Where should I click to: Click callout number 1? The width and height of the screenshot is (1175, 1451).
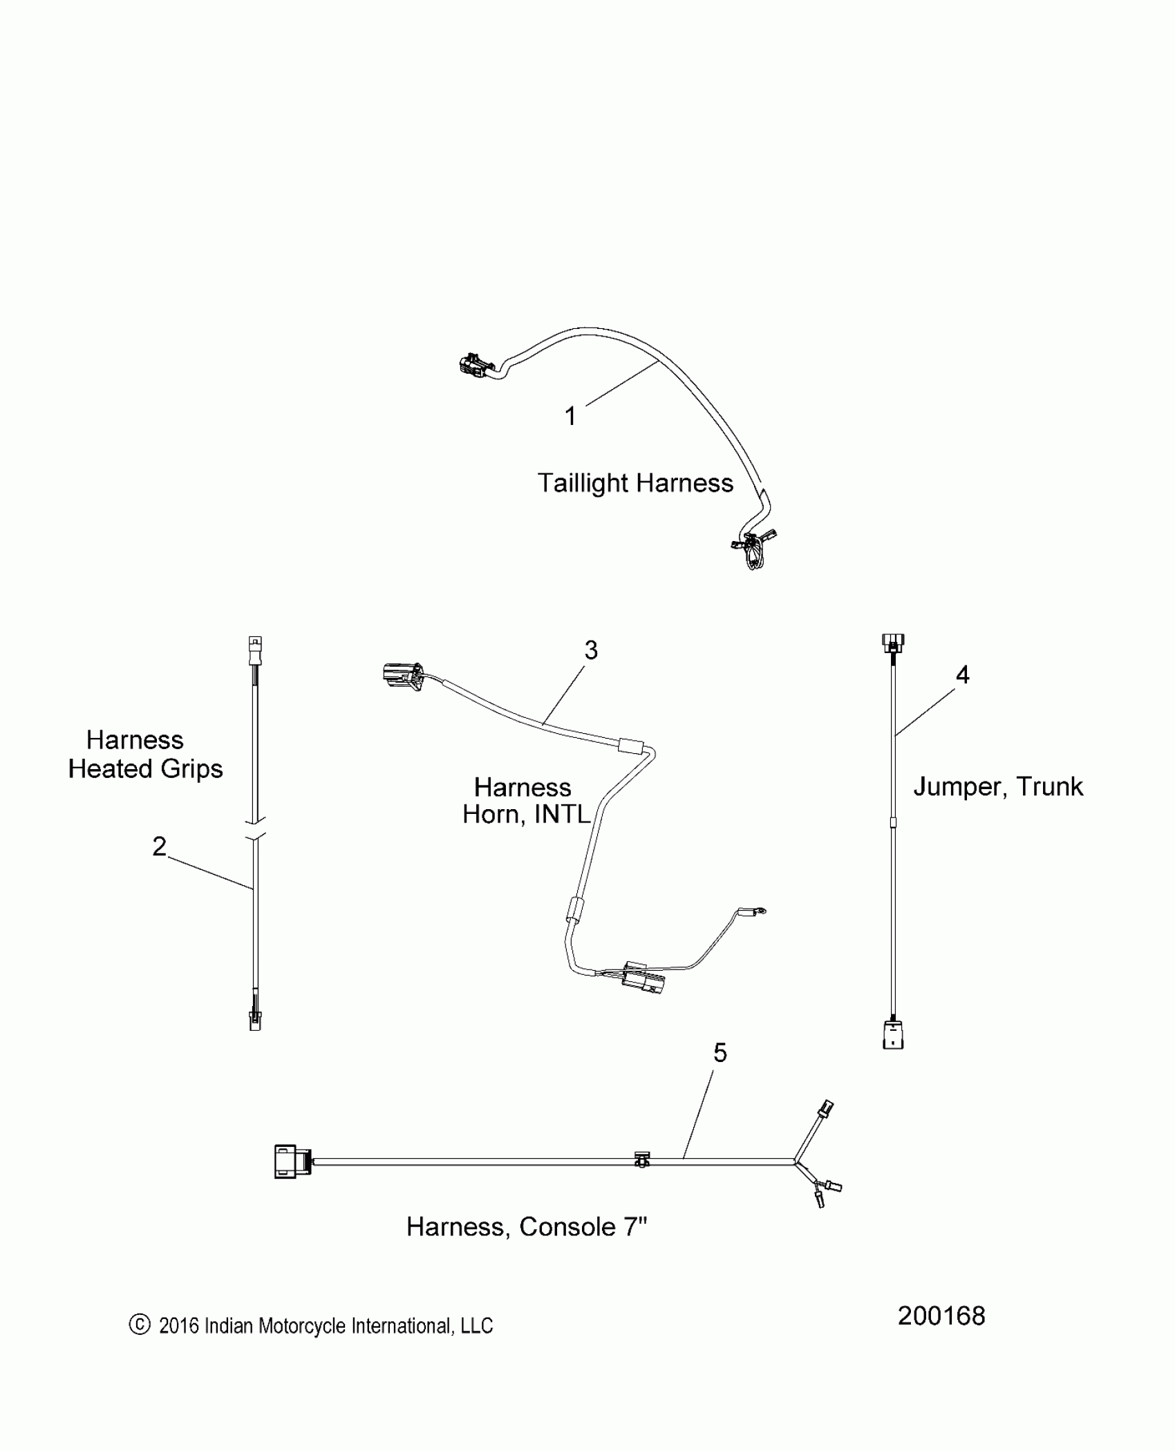pos(570,416)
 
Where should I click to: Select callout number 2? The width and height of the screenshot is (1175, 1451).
pos(159,846)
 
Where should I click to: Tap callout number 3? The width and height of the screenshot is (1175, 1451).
pos(591,649)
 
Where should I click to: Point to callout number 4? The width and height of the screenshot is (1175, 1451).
pos(962,674)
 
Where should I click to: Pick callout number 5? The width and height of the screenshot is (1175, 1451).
pos(720,1052)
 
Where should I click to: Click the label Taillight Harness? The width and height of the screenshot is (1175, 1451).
pos(635,483)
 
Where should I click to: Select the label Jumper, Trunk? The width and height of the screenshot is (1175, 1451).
pos(998,786)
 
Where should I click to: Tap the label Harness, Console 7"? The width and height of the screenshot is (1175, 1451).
pos(527,1226)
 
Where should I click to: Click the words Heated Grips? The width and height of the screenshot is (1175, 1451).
pos(145,768)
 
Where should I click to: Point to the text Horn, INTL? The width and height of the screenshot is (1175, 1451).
pos(526,814)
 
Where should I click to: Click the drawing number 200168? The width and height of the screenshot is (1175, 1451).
pos(941,1316)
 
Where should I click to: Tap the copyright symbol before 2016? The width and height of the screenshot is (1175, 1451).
pos(140,1325)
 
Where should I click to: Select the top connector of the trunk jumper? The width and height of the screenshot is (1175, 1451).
pos(893,643)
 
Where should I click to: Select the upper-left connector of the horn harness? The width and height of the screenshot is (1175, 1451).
pos(401,674)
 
